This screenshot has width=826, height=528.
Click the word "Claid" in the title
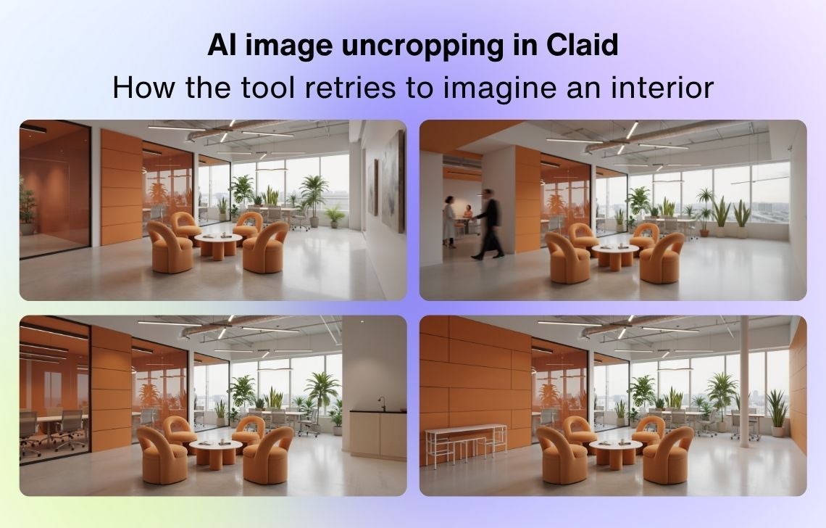[x=582, y=46]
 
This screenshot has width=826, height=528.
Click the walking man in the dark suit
[x=488, y=223]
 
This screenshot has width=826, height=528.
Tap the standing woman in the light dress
[x=449, y=221]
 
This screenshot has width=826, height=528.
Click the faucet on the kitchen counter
[x=382, y=403]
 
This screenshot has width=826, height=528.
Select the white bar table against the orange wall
[x=466, y=444]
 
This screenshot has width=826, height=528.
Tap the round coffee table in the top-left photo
[x=217, y=245]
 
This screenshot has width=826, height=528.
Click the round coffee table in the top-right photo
[x=615, y=256]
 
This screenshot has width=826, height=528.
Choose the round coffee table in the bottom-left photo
[x=215, y=453]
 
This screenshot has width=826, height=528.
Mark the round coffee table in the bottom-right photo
[x=615, y=453]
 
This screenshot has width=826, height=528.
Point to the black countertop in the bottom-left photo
[x=378, y=411]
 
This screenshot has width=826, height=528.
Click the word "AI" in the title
[x=221, y=46]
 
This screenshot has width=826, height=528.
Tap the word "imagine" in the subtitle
[x=501, y=88]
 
